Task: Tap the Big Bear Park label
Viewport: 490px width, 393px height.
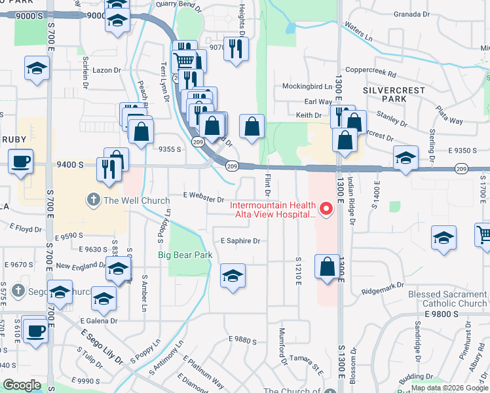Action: tap(185, 255)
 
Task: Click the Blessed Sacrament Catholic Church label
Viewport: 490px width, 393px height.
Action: tap(447, 299)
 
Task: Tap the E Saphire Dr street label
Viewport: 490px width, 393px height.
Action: tap(240, 241)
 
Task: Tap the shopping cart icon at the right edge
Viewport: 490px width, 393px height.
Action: tap(484, 234)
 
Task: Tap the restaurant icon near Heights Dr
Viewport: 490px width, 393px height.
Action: tap(236, 48)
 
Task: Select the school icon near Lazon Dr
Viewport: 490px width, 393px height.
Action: tap(37, 67)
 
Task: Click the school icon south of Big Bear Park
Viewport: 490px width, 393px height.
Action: tap(233, 276)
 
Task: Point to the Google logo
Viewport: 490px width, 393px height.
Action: tap(22, 385)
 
